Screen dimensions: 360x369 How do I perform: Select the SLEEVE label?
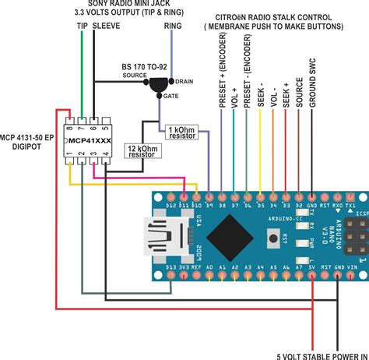(x=106, y=26)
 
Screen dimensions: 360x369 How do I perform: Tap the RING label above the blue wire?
(x=175, y=26)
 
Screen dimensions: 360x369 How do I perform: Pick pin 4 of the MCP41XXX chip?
(x=106, y=163)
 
